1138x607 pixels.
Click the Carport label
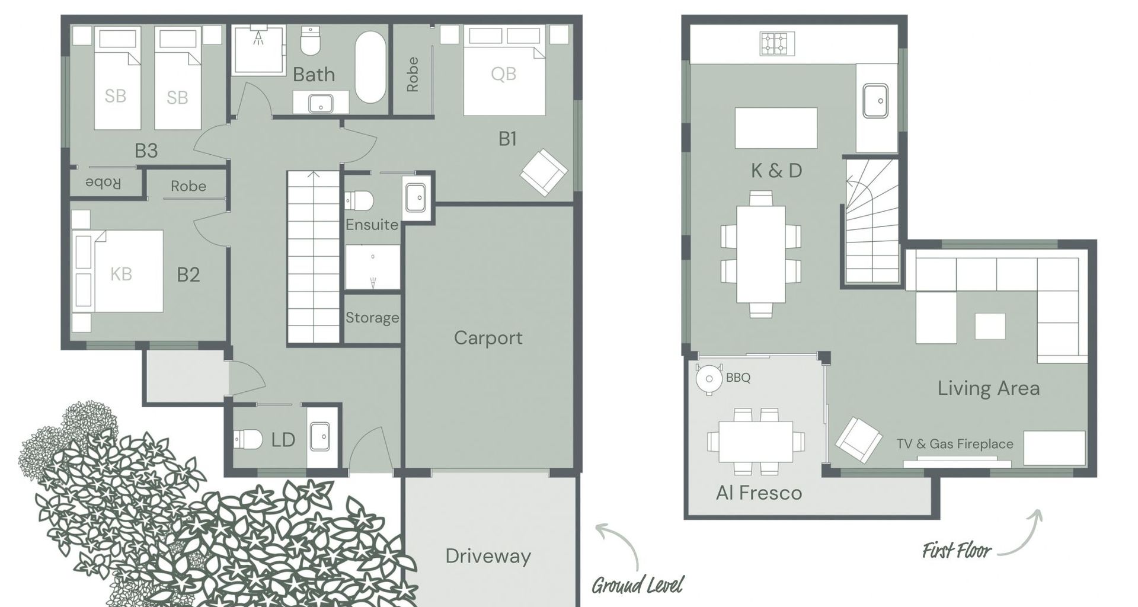pos(488,338)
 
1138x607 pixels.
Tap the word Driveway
pos(488,556)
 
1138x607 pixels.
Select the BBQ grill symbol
pos(709,378)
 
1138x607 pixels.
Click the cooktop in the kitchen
pos(777,43)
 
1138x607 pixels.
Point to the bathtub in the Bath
pos(370,67)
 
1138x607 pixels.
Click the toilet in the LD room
pos(248,439)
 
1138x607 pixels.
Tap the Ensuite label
pos(372,225)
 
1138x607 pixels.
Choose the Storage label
pos(372,318)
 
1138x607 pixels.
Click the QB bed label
pos(503,74)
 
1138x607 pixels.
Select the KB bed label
pos(121,274)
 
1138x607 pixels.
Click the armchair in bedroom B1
pos(544,172)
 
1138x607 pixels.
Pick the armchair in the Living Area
pos(859,440)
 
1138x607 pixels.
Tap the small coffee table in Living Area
pos(990,326)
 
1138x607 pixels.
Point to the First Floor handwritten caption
pos(956,551)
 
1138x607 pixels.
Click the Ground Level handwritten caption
pos(637,585)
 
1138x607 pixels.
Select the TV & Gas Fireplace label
pos(954,444)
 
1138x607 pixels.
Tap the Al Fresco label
pos(759,493)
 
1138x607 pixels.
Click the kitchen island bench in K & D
pos(776,128)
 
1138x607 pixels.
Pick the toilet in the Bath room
pos(311,40)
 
